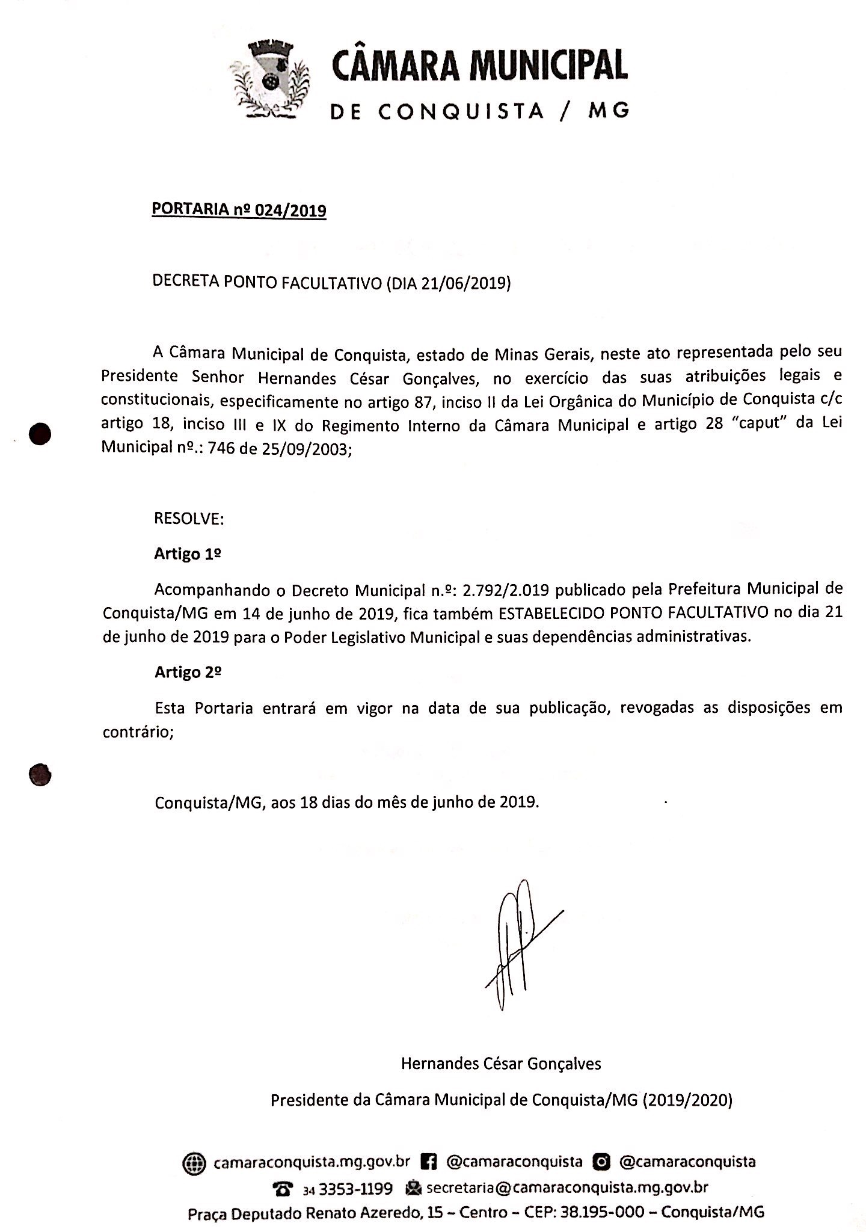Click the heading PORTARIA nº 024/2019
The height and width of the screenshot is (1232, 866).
239,210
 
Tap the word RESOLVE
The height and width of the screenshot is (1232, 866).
188,519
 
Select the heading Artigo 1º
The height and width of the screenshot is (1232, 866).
188,554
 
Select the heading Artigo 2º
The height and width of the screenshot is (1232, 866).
188,673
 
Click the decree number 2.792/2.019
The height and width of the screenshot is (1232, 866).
505,590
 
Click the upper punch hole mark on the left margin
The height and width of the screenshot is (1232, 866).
40,434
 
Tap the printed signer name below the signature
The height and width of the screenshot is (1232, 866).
501,1063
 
